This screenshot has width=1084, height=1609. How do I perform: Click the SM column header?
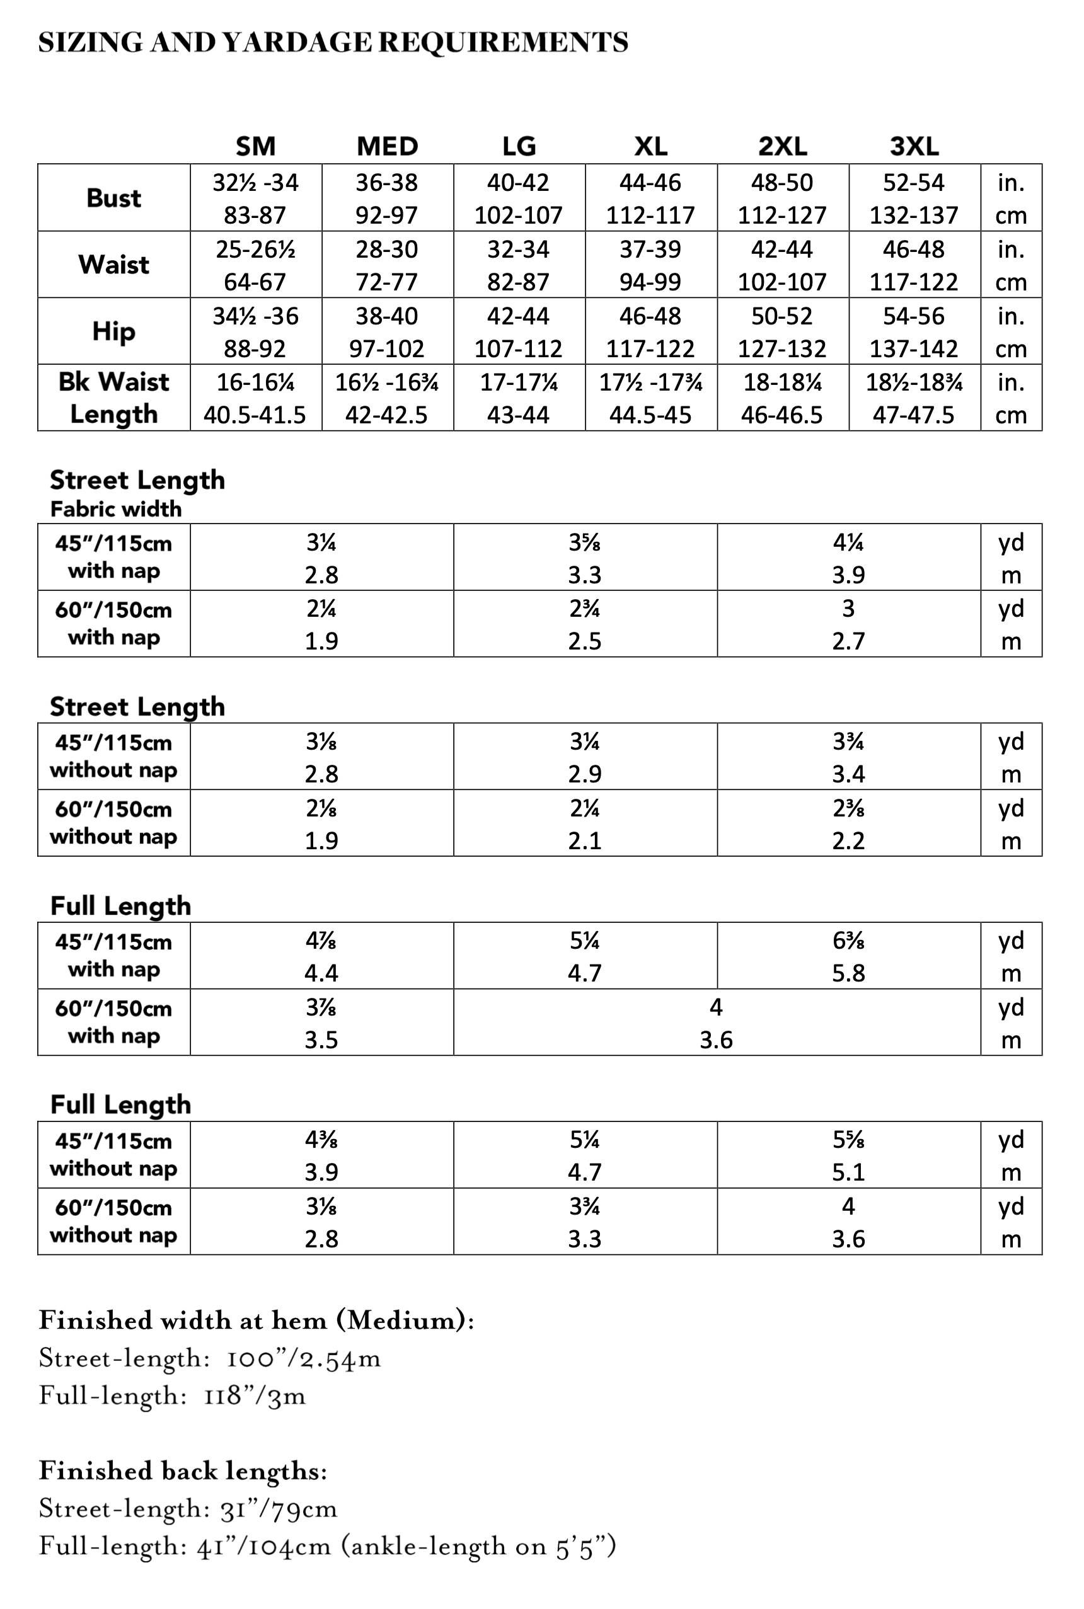click(x=255, y=146)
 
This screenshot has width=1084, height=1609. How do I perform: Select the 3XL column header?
click(x=914, y=146)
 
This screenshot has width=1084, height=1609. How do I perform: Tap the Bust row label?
click(x=113, y=198)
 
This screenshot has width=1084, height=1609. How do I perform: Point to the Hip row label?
click(x=113, y=331)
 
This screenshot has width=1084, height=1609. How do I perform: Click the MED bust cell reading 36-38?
click(x=386, y=183)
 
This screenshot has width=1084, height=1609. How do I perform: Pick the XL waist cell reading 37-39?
click(x=650, y=249)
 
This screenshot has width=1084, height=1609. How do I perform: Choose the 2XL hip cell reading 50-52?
click(x=782, y=316)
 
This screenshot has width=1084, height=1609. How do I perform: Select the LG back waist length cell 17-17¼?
click(x=519, y=382)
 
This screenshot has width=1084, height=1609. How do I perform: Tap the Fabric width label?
click(x=115, y=509)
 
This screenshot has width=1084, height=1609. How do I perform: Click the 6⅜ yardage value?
click(x=848, y=941)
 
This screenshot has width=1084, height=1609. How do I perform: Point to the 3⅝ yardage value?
click(x=584, y=543)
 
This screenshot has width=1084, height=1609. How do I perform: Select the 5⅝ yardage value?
click(x=848, y=1140)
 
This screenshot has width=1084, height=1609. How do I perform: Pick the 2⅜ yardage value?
click(x=848, y=808)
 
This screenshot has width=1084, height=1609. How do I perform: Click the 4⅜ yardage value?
click(x=321, y=1140)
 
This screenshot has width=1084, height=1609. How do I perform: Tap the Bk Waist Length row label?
click(x=113, y=398)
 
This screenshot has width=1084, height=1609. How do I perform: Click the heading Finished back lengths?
click(x=183, y=1471)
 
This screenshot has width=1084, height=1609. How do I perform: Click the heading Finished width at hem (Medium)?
click(x=256, y=1320)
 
